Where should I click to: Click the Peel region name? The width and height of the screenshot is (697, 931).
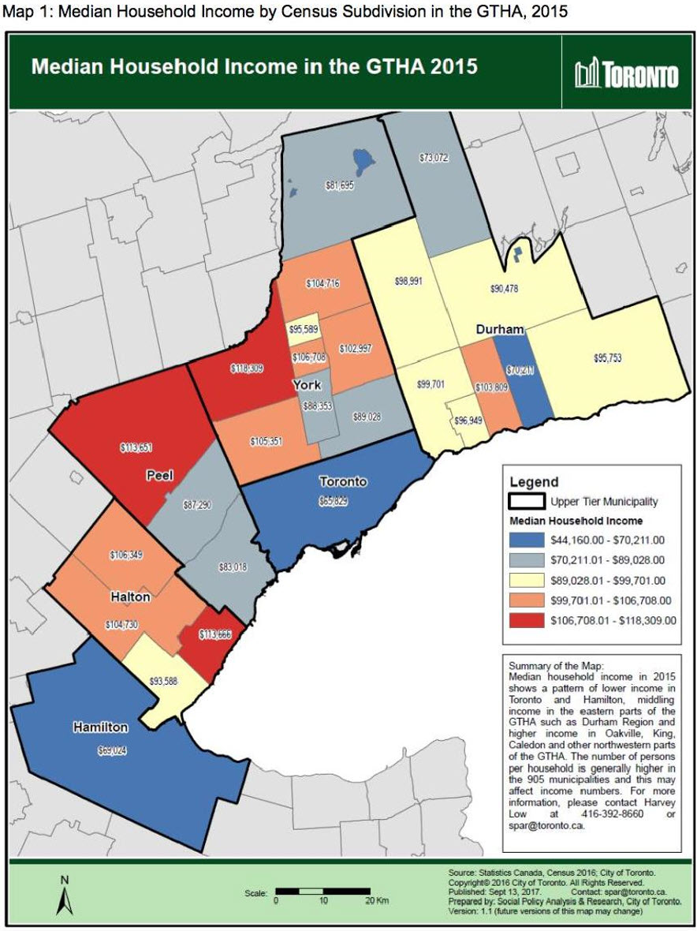coord(158,476)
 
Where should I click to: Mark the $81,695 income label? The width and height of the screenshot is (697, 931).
coord(341,185)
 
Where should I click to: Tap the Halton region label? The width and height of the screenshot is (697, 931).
coord(131,598)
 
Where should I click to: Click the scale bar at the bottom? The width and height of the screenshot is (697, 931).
coord(322,891)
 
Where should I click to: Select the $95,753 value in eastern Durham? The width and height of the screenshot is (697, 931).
coord(609,357)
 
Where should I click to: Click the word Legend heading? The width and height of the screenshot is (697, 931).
coord(534,482)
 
